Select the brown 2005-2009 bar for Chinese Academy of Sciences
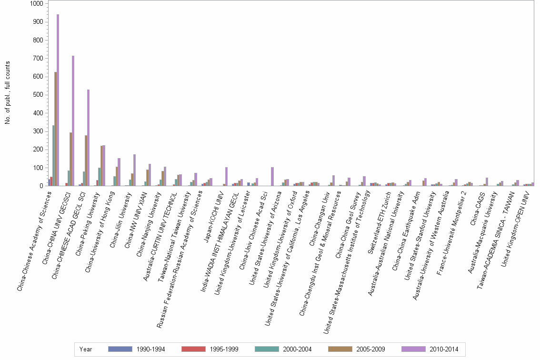coord(56,129)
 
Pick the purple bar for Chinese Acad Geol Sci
coord(89,138)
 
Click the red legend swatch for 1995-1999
coord(194,349)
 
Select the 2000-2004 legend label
coord(297,349)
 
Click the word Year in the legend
coord(86,349)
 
